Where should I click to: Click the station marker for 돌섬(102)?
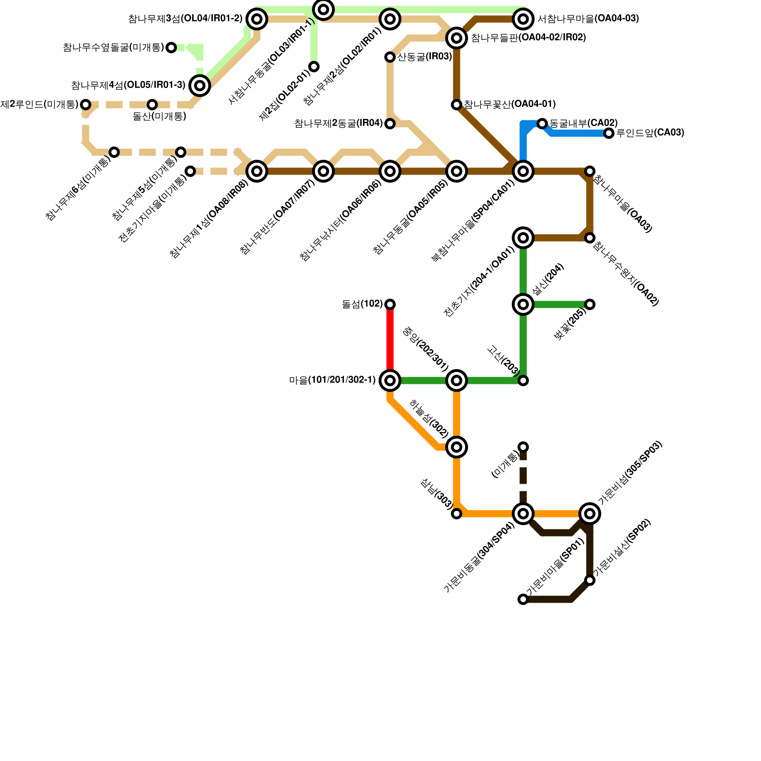coord(390,304)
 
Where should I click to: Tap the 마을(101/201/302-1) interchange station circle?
coord(390,380)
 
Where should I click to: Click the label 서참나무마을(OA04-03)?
coord(588,19)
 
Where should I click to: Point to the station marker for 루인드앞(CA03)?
coord(609,133)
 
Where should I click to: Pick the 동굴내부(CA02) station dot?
coord(542,124)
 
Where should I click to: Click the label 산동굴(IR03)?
coord(424,57)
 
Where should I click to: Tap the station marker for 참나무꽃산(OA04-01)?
coord(457,105)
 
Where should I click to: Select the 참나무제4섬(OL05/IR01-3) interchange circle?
coord(200,86)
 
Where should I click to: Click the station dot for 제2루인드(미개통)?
coord(86,105)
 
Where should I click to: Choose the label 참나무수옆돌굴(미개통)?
coord(113,48)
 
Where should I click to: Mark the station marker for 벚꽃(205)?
coord(590,304)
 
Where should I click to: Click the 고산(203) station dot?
coord(523,380)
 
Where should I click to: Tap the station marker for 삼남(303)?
coord(457,514)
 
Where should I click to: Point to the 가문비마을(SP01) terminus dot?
coord(523,599)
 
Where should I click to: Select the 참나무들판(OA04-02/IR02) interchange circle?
coord(457,38)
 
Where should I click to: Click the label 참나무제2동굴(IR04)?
coord(338,124)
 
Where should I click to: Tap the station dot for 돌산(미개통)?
coord(152,105)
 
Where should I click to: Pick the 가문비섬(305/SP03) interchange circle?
coord(590,514)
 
